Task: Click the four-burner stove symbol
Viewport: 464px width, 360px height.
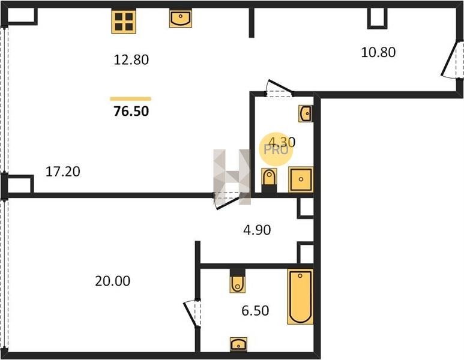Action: (x=124, y=21)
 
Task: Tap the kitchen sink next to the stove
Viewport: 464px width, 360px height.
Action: (x=181, y=19)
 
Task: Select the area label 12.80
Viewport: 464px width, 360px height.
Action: (x=131, y=60)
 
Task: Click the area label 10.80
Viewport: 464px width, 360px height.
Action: (x=378, y=52)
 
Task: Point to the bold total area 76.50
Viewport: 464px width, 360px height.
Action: (x=131, y=111)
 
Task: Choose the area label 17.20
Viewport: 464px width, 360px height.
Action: (x=63, y=172)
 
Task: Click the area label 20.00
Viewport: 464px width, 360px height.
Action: (x=112, y=281)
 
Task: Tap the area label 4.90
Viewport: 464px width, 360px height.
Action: (x=257, y=230)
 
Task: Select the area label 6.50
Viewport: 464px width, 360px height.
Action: (x=255, y=311)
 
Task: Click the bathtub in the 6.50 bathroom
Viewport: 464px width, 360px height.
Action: (x=300, y=296)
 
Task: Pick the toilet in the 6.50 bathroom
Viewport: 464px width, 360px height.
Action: (x=237, y=281)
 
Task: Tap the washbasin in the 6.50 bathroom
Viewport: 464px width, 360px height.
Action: (x=238, y=344)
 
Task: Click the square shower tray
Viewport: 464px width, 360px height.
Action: (x=301, y=179)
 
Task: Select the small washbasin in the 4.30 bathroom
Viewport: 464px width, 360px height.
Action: (x=306, y=113)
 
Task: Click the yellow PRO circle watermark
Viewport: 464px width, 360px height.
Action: (x=276, y=149)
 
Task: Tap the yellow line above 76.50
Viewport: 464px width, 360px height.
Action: (x=130, y=99)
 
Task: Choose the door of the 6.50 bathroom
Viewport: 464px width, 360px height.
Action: (x=192, y=314)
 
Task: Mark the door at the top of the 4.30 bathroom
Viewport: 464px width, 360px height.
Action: (x=279, y=88)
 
